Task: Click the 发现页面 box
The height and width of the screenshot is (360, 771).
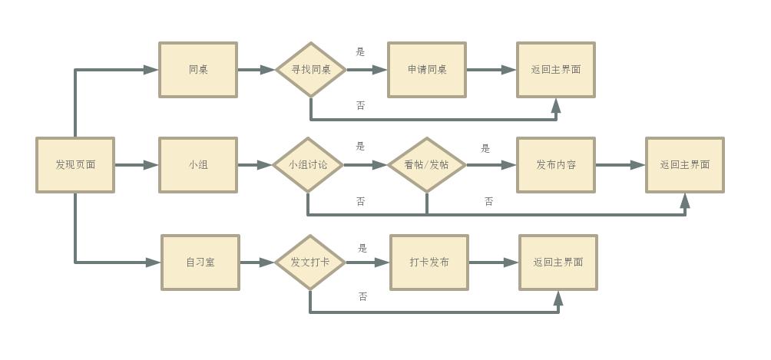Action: pos(75,165)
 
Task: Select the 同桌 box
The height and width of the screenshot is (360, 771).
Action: pos(198,70)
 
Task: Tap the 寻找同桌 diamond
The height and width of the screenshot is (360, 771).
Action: pos(311,70)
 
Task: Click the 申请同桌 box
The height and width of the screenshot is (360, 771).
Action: pos(427,70)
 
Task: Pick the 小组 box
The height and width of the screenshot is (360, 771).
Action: pos(198,165)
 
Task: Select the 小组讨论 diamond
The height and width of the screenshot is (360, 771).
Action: pos(308,165)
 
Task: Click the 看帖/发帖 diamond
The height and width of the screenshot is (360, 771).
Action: pos(427,165)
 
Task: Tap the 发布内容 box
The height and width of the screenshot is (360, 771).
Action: pos(556,165)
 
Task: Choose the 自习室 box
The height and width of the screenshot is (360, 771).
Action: pos(200,263)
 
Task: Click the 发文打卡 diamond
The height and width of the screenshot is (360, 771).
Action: pos(310,263)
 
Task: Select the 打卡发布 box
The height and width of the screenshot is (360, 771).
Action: pos(429,263)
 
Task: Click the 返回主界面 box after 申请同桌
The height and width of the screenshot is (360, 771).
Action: pos(556,70)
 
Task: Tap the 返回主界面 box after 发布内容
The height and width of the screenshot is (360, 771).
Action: pos(685,165)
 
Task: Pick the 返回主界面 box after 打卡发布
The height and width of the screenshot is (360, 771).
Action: pos(558,263)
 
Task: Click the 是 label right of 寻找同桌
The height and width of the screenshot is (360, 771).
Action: pos(361,52)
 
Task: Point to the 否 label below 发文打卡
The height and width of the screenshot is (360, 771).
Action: pos(363,296)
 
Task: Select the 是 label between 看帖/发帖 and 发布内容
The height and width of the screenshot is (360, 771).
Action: pos(485,148)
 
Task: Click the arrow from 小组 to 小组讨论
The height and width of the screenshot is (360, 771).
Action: pos(256,165)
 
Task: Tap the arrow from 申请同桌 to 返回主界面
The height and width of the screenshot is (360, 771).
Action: pos(491,70)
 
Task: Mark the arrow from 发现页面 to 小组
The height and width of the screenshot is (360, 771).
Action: pos(137,165)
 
